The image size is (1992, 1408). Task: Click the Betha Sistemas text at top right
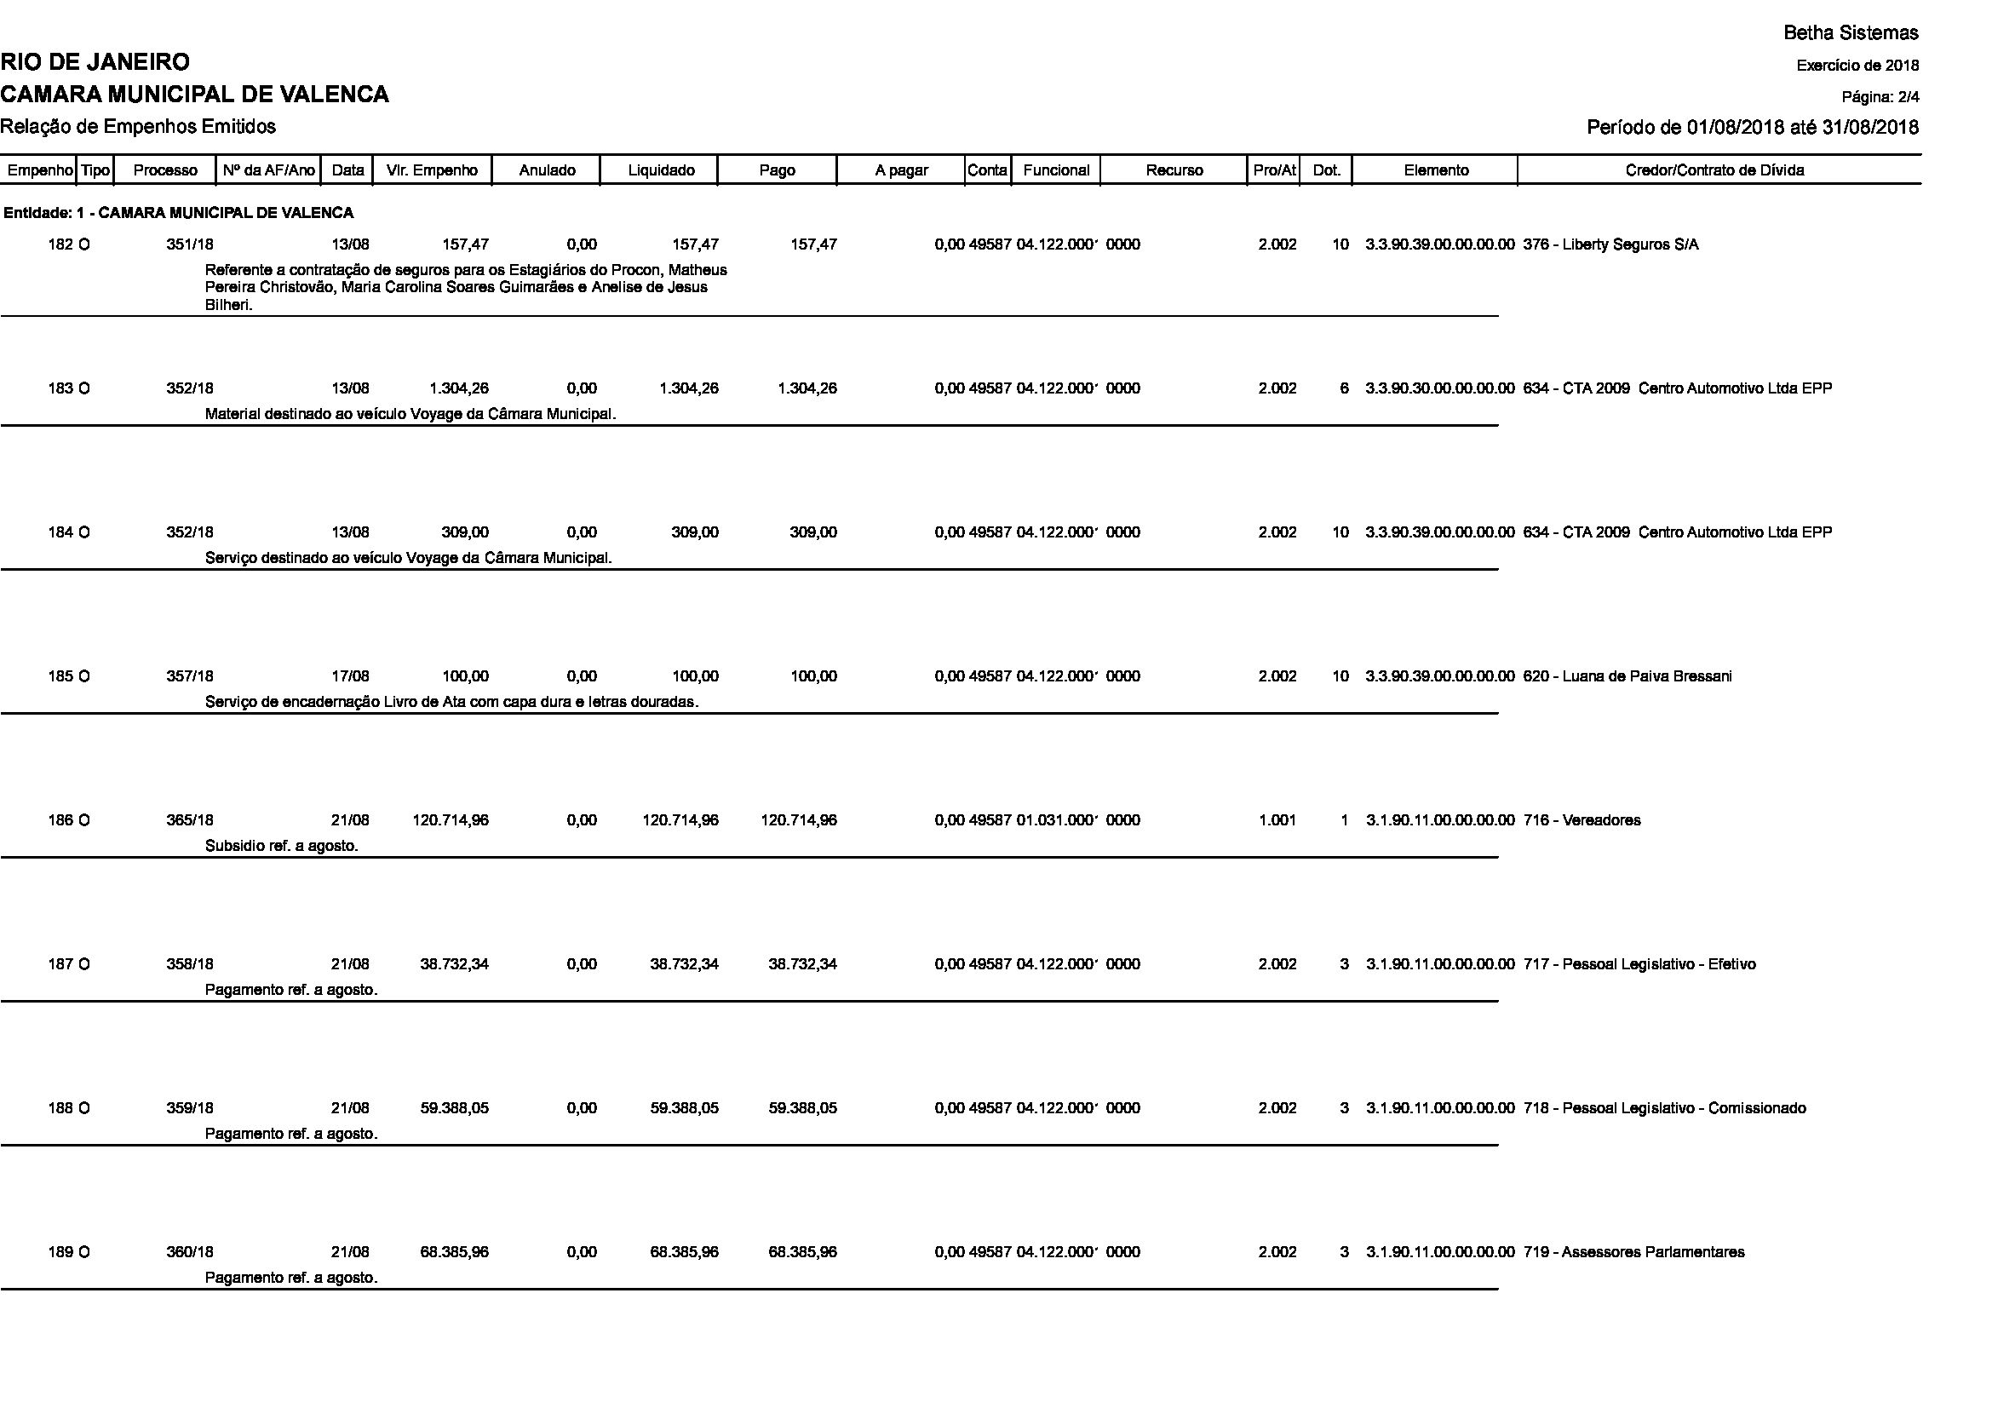click(x=1851, y=33)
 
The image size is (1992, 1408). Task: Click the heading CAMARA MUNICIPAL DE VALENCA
click(x=194, y=95)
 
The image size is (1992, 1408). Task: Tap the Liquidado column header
click(x=661, y=170)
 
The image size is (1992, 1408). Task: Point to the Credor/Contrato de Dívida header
click(x=1714, y=170)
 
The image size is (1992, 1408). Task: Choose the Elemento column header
click(x=1436, y=170)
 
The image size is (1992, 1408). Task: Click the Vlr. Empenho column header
click(x=432, y=170)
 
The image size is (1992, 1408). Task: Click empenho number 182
click(x=60, y=244)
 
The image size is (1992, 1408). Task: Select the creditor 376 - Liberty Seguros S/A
click(x=1610, y=244)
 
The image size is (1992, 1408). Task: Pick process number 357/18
click(x=190, y=676)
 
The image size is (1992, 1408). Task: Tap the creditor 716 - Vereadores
click(x=1582, y=820)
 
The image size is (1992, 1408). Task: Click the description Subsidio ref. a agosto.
click(x=282, y=846)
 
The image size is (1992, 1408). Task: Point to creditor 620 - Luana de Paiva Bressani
click(x=1627, y=676)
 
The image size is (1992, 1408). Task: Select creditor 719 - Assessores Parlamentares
click(x=1633, y=1253)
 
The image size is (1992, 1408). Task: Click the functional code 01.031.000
click(x=1057, y=820)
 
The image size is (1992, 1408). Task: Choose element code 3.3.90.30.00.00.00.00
click(x=1439, y=388)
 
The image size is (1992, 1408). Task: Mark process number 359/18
click(x=190, y=1109)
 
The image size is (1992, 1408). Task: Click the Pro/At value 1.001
click(x=1277, y=820)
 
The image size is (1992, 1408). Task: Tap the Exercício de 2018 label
click(x=1857, y=66)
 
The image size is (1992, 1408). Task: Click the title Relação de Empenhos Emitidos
click(x=138, y=127)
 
